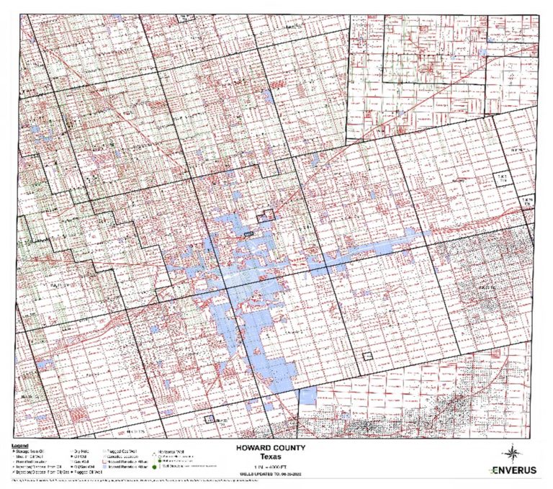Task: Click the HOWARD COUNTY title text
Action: coord(275,447)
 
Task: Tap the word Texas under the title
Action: coord(275,456)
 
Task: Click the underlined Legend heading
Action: coord(20,444)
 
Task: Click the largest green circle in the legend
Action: coord(154,467)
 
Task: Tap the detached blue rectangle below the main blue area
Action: coord(307,395)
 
